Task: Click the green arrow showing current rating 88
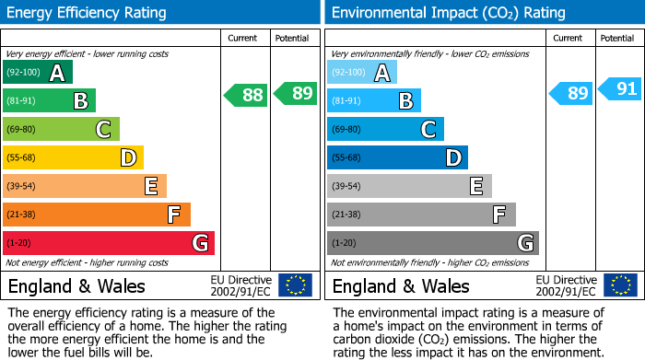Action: [x=246, y=94]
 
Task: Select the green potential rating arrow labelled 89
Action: [x=296, y=93]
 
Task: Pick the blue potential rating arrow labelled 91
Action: [x=620, y=89]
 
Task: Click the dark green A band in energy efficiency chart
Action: [x=38, y=73]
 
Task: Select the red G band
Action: [x=109, y=243]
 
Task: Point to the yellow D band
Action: [x=73, y=158]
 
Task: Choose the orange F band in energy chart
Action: [x=97, y=215]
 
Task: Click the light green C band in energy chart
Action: [x=61, y=130]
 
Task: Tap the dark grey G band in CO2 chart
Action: [x=432, y=243]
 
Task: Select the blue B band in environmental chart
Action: [x=373, y=101]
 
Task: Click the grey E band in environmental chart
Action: [x=409, y=186]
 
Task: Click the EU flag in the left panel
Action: [x=295, y=285]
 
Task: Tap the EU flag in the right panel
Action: [x=620, y=285]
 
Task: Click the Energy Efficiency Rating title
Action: [x=88, y=13]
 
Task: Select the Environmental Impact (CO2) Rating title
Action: [x=448, y=13]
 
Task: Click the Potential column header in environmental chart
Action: [x=616, y=38]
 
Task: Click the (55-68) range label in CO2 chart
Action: [x=346, y=158]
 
